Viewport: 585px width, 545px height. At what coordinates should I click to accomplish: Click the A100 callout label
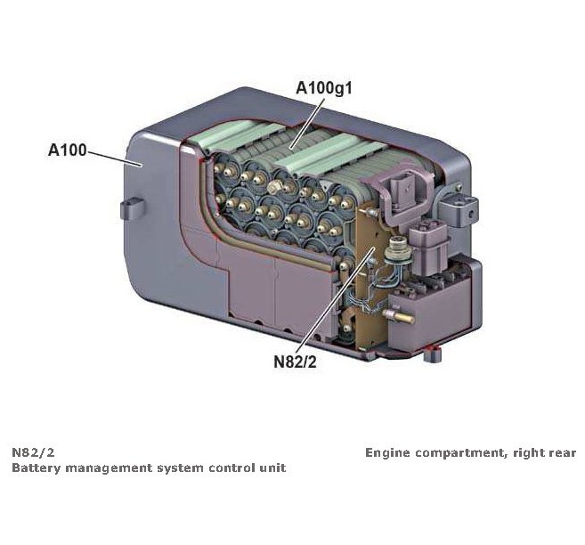point(67,150)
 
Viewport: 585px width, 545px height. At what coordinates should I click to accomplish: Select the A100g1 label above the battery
point(330,89)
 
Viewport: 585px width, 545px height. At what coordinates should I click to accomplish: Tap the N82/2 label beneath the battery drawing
point(294,362)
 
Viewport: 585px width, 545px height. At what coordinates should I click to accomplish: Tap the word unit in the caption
point(272,468)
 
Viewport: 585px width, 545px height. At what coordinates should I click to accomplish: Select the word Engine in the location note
point(388,452)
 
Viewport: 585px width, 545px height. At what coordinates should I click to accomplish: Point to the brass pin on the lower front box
point(401,314)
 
